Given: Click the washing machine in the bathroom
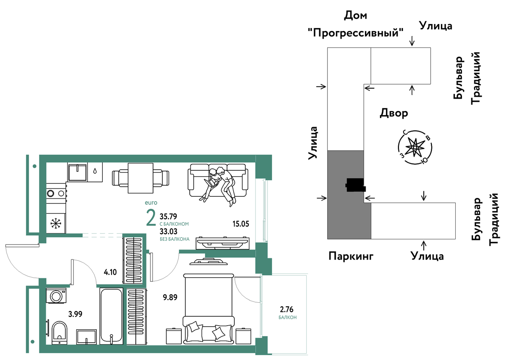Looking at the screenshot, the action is tap(56, 296).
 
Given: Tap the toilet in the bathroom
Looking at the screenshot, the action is tap(59, 333).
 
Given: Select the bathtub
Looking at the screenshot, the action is tap(111, 316).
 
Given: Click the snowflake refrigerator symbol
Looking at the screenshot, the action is tap(56, 224).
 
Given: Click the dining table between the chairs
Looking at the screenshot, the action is tap(140, 178).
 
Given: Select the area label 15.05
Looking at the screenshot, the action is tap(240, 224).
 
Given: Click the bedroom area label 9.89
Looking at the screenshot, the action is tap(170, 297).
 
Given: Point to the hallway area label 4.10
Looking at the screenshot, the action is tap(110, 272).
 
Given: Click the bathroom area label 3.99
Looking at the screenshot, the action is tap(75, 314).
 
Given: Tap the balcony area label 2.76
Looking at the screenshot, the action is tap(287, 309).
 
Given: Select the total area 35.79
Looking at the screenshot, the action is tap(168, 216).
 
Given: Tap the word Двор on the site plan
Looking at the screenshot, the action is tap(394, 113).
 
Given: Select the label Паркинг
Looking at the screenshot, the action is tap(351, 256).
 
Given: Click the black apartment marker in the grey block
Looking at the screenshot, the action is tap(356, 185).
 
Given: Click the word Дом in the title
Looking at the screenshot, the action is tap(356, 16).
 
